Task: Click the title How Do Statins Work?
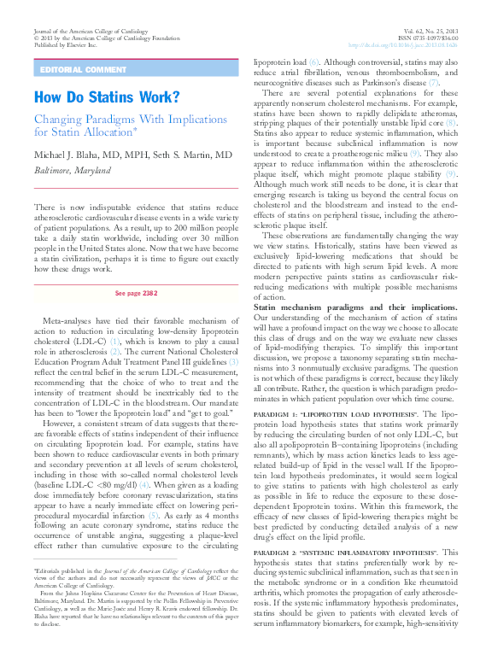(x=107, y=97)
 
